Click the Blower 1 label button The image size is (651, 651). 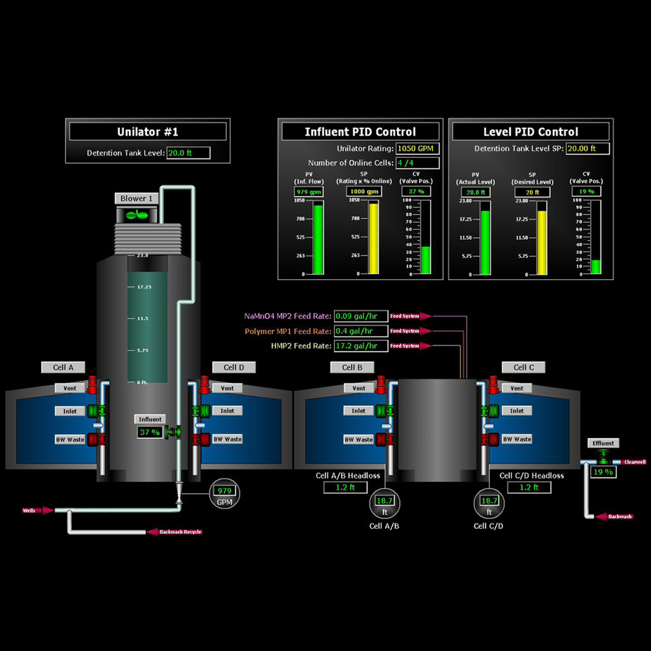[x=137, y=198]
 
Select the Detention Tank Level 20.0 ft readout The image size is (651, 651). [x=188, y=153]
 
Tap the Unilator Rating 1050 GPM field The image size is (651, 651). [x=417, y=148]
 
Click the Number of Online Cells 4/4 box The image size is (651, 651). [x=417, y=163]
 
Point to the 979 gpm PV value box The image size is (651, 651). [x=309, y=192]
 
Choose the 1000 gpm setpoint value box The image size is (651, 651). [x=365, y=192]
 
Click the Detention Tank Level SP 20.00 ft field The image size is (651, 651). [x=588, y=148]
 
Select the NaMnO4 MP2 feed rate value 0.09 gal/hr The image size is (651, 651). [x=360, y=316]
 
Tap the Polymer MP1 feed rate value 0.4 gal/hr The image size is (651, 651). [x=360, y=331]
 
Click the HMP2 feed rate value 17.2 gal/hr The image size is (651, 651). [x=360, y=346]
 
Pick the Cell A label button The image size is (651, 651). [x=63, y=367]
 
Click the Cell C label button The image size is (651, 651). [x=523, y=367]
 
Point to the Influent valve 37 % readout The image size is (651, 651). [x=149, y=432]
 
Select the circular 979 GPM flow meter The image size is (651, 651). [x=224, y=495]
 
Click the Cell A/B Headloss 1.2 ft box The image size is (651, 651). [x=345, y=487]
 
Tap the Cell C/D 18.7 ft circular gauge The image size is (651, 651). [x=489, y=504]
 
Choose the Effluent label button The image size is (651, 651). [x=603, y=444]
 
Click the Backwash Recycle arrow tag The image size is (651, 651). [x=174, y=532]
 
